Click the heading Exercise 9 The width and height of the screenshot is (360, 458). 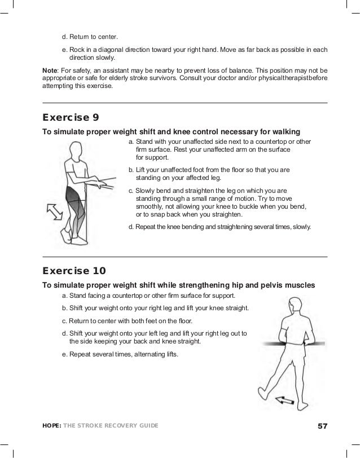(x=71, y=118)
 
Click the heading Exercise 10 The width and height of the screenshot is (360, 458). (x=74, y=271)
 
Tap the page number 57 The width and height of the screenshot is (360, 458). (x=322, y=425)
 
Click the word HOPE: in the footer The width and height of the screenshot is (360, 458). (x=54, y=425)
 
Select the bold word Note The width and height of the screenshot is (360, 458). (x=50, y=69)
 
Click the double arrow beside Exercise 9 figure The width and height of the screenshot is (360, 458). (x=54, y=212)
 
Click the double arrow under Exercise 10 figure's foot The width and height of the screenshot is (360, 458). (x=284, y=401)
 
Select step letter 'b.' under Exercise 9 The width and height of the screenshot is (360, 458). (x=131, y=169)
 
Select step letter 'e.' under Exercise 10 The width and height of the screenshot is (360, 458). (x=65, y=354)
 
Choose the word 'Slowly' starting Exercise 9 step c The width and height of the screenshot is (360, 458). (x=147, y=191)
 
